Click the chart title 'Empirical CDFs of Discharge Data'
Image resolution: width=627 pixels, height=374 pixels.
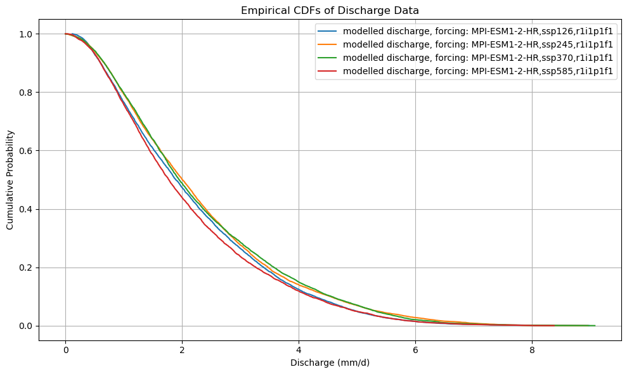[x=330, y=10]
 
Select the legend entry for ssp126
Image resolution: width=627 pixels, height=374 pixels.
[x=477, y=30]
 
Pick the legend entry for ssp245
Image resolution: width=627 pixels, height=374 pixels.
[x=477, y=44]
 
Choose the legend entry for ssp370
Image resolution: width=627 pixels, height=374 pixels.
[x=477, y=58]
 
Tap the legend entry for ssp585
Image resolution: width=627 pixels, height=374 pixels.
[x=477, y=71]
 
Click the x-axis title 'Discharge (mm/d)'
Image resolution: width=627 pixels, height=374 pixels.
[x=330, y=363]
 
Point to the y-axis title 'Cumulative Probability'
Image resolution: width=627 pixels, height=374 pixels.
[x=11, y=179]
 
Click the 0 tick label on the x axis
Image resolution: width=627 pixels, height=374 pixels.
[x=65, y=351]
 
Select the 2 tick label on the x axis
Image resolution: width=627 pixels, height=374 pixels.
[x=182, y=351]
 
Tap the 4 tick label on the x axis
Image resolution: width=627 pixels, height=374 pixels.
[x=299, y=351]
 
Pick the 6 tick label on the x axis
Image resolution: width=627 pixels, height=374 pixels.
[x=415, y=351]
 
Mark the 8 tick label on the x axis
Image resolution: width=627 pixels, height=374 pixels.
[x=532, y=351]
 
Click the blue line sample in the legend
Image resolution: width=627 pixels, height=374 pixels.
[x=328, y=30]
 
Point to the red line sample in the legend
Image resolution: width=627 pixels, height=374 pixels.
[x=328, y=71]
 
